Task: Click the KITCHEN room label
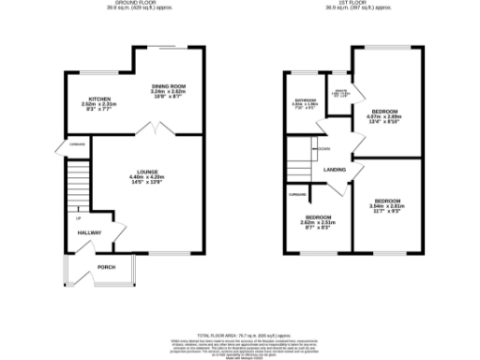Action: [x=96, y=99]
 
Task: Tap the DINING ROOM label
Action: [x=170, y=86]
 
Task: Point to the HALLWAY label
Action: [x=88, y=233]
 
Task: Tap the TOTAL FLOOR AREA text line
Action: [x=239, y=332]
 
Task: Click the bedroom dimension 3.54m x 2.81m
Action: [x=387, y=208]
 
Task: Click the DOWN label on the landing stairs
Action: [x=322, y=149]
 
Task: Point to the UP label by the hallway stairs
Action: [x=78, y=219]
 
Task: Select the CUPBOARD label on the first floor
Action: [x=298, y=195]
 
